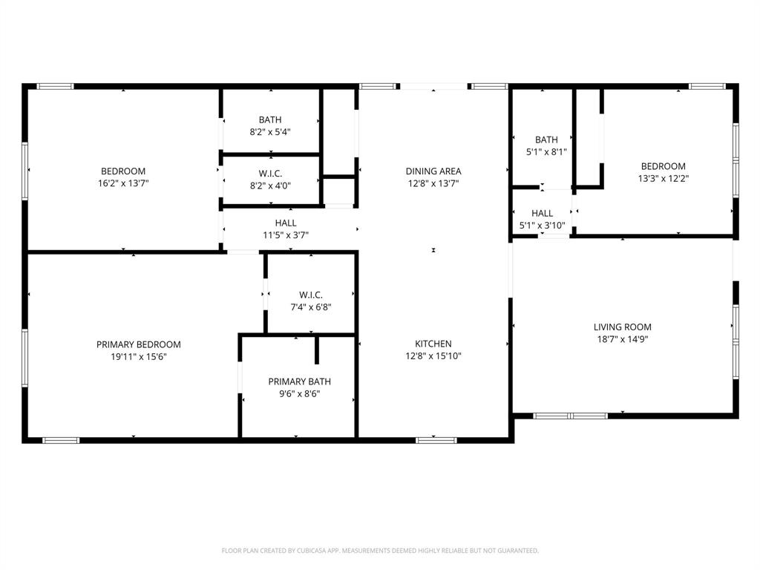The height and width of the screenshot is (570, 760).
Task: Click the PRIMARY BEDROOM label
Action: pos(138,344)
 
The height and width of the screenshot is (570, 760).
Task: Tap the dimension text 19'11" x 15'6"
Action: pos(138,357)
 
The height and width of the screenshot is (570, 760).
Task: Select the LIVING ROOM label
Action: pos(622,327)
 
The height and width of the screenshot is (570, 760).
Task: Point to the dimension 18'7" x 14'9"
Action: pos(622,339)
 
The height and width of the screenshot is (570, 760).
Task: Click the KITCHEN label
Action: pos(433,344)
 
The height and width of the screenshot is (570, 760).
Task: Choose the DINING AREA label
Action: pos(433,171)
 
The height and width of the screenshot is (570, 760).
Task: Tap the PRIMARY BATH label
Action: pos(299,381)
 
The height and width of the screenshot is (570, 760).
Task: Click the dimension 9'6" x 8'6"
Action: pos(299,394)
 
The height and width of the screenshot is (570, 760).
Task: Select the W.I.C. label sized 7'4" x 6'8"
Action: pos(310,295)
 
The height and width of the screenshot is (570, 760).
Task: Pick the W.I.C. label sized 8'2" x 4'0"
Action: pos(270,174)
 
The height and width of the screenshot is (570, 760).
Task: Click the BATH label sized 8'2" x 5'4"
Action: pos(270,119)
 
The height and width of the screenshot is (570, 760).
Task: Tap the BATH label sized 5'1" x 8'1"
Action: pos(546,140)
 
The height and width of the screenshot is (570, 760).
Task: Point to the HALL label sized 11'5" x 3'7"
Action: pos(286,223)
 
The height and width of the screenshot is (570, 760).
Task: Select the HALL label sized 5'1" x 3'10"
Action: pos(542,213)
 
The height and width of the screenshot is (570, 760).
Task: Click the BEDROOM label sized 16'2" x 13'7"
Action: pos(123,171)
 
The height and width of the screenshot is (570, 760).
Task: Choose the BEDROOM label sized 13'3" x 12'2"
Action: pos(663,166)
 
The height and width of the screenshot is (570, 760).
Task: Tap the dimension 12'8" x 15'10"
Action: pos(433,356)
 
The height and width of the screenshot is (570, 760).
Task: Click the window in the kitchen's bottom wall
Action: pos(436,440)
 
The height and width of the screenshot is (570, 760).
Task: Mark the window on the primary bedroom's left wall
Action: pos(24,358)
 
